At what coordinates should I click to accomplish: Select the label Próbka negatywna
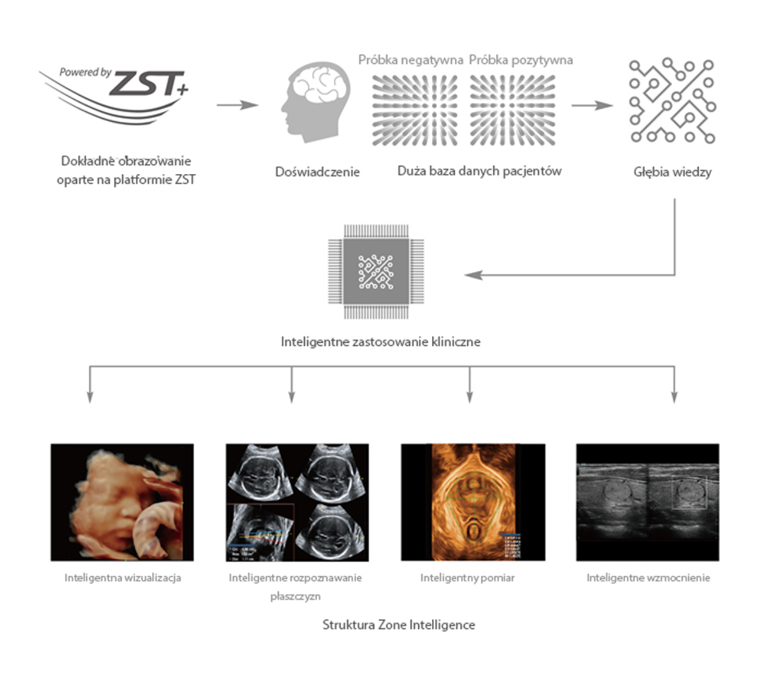pyautogui.click(x=411, y=60)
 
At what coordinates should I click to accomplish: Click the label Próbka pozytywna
pyautogui.click(x=520, y=60)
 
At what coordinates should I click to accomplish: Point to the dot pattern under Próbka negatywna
pyautogui.click(x=415, y=110)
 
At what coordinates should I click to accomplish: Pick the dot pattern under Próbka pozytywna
pyautogui.click(x=513, y=110)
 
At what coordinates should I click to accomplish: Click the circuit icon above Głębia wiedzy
pyautogui.click(x=672, y=100)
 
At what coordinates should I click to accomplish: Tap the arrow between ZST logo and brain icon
pyautogui.click(x=237, y=105)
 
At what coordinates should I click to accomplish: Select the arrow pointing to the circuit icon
pyautogui.click(x=592, y=106)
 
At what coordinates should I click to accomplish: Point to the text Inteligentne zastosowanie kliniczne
pyautogui.click(x=380, y=342)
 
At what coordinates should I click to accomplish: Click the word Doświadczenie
pyautogui.click(x=317, y=172)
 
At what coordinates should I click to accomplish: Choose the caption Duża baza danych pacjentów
pyautogui.click(x=479, y=171)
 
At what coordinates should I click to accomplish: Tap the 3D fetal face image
pyautogui.click(x=122, y=502)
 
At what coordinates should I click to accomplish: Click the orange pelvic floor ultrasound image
pyautogui.click(x=473, y=502)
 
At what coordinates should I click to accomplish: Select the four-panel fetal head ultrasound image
pyautogui.click(x=297, y=502)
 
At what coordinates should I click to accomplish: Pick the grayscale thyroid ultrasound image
pyautogui.click(x=647, y=502)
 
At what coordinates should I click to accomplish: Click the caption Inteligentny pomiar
pyautogui.click(x=467, y=577)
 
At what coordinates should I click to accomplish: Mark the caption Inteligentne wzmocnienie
pyautogui.click(x=648, y=577)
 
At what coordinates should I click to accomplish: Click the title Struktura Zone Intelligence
pyautogui.click(x=398, y=625)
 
